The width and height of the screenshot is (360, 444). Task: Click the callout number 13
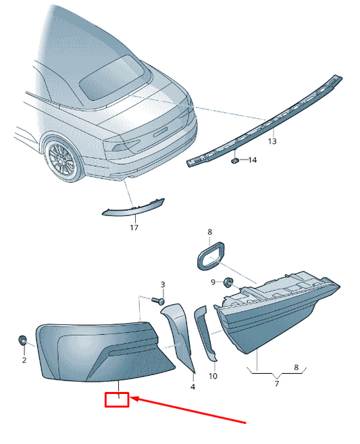(272, 141)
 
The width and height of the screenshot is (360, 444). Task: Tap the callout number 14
(253, 160)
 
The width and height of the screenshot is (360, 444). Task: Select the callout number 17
(134, 227)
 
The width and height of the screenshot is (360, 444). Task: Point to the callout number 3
(163, 285)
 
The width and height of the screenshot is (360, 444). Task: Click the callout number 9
(213, 282)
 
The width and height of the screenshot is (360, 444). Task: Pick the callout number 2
(24, 360)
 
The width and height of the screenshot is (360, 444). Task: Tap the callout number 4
(192, 387)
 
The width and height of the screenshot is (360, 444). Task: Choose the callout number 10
(213, 376)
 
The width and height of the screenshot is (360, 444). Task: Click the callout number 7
(277, 383)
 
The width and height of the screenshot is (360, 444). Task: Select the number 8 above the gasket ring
(209, 232)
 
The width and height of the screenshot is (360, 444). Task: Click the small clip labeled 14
(234, 161)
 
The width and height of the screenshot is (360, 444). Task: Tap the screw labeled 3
(158, 301)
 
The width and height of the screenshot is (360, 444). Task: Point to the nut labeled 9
(228, 282)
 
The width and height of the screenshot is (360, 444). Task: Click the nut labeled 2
(22, 340)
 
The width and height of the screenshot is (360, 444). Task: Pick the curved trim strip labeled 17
(133, 208)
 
